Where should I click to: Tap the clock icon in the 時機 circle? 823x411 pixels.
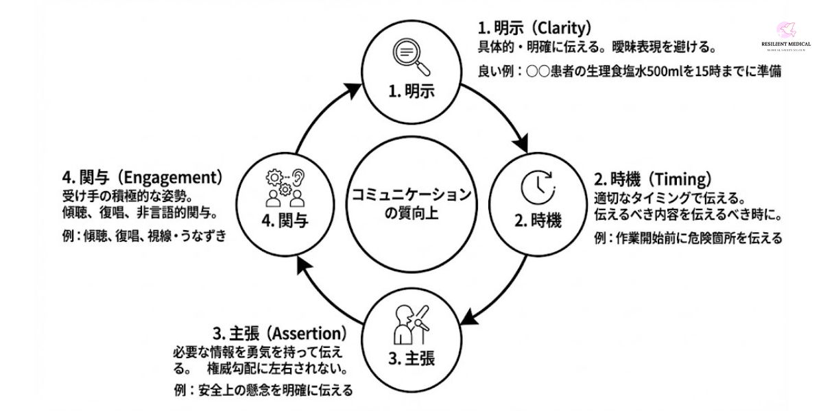click(538, 185)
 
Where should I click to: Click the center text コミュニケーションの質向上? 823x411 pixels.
click(411, 204)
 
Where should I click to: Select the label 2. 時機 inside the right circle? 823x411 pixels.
click(538, 221)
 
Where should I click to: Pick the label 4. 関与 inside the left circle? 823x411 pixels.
click(285, 221)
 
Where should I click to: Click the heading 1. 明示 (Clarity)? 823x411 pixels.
click(534, 28)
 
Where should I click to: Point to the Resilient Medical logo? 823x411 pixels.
click(785, 37)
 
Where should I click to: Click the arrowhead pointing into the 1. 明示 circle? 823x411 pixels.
click(354, 90)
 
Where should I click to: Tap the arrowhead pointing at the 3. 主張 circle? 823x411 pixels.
click(468, 317)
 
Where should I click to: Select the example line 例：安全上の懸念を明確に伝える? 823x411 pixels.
click(263, 390)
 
